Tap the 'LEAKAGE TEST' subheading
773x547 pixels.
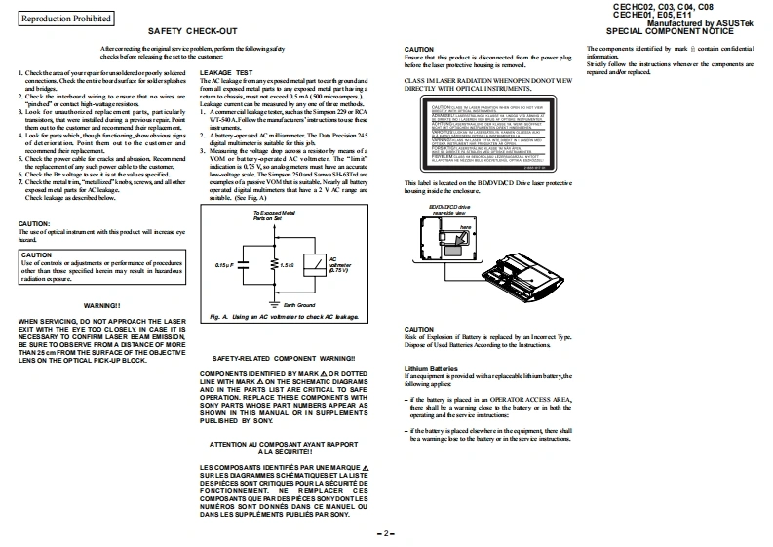[x=225, y=73]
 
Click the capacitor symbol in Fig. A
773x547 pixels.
[x=243, y=263]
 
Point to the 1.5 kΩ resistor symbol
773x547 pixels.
[x=273, y=263]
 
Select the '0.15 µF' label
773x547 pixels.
[x=224, y=264]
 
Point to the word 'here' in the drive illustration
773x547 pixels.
[x=466, y=226]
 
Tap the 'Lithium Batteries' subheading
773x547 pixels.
[x=431, y=368]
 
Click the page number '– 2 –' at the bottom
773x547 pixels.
[x=386, y=533]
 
